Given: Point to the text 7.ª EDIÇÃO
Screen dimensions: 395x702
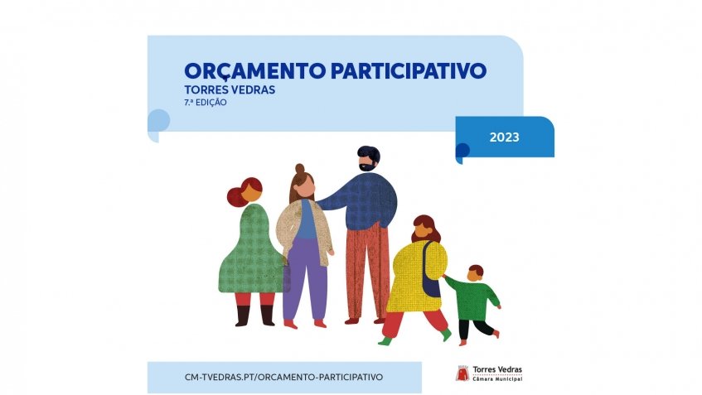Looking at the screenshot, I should (x=206, y=104).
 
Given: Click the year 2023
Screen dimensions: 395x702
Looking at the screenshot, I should (x=504, y=137).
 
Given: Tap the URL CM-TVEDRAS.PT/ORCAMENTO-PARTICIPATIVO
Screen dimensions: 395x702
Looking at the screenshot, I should (x=284, y=376).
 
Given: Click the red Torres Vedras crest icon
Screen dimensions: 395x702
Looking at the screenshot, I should (x=462, y=373).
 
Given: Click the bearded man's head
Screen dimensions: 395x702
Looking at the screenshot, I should (x=369, y=159).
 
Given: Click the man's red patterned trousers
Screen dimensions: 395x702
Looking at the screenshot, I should (x=366, y=269).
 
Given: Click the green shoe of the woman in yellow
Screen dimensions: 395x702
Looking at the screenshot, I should (x=385, y=340).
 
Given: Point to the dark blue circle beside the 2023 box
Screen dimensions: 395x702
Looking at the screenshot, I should (x=462, y=150).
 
